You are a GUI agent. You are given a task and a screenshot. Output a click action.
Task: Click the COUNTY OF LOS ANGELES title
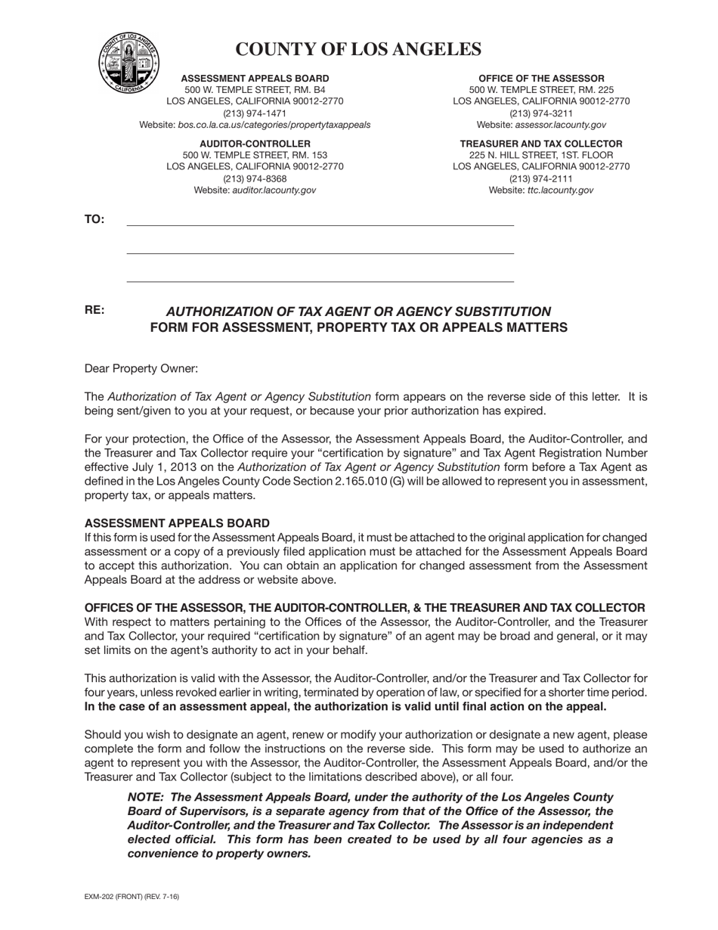coord(358,49)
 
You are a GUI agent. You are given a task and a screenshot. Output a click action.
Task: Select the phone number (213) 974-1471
coord(255,113)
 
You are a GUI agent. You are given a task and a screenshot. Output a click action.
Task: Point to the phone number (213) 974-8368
coord(255,178)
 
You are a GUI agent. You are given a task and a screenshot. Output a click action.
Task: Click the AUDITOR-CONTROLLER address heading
coord(255,144)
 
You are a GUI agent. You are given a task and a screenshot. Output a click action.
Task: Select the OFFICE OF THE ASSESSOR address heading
coord(541,79)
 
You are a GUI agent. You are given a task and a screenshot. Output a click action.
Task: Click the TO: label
coord(94,220)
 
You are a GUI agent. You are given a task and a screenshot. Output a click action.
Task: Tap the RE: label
coord(94,310)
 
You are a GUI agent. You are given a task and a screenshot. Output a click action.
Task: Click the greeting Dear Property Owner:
coord(141,369)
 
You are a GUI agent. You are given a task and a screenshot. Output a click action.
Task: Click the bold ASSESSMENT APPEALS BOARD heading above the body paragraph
coord(177,523)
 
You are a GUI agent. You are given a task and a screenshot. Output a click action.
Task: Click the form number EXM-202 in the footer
coord(100,897)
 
